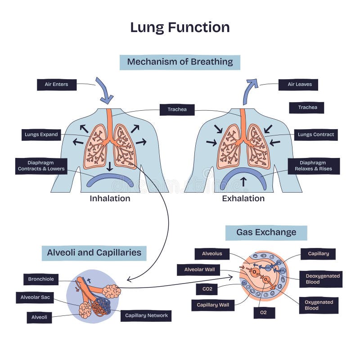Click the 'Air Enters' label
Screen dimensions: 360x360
[x=56, y=85]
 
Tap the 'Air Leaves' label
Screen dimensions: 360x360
[x=298, y=85]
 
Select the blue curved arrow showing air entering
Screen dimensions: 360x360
[x=104, y=90]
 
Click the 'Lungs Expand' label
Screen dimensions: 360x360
[x=41, y=135]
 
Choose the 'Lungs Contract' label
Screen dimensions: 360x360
[x=316, y=135]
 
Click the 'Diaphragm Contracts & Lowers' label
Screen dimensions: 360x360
[x=41, y=166]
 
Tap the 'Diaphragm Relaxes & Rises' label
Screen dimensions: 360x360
[x=314, y=166]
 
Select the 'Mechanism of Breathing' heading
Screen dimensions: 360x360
[x=180, y=62]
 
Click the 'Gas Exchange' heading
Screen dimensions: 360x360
[x=266, y=233]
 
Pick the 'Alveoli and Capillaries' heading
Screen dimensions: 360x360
[x=94, y=253]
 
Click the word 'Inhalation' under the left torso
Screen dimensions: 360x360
[x=110, y=198]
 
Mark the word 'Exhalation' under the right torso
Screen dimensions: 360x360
[x=243, y=198]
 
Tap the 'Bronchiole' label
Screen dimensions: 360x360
[x=41, y=279]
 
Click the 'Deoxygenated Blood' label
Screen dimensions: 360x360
[x=320, y=279]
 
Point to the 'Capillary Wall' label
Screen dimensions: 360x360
[x=213, y=305]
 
